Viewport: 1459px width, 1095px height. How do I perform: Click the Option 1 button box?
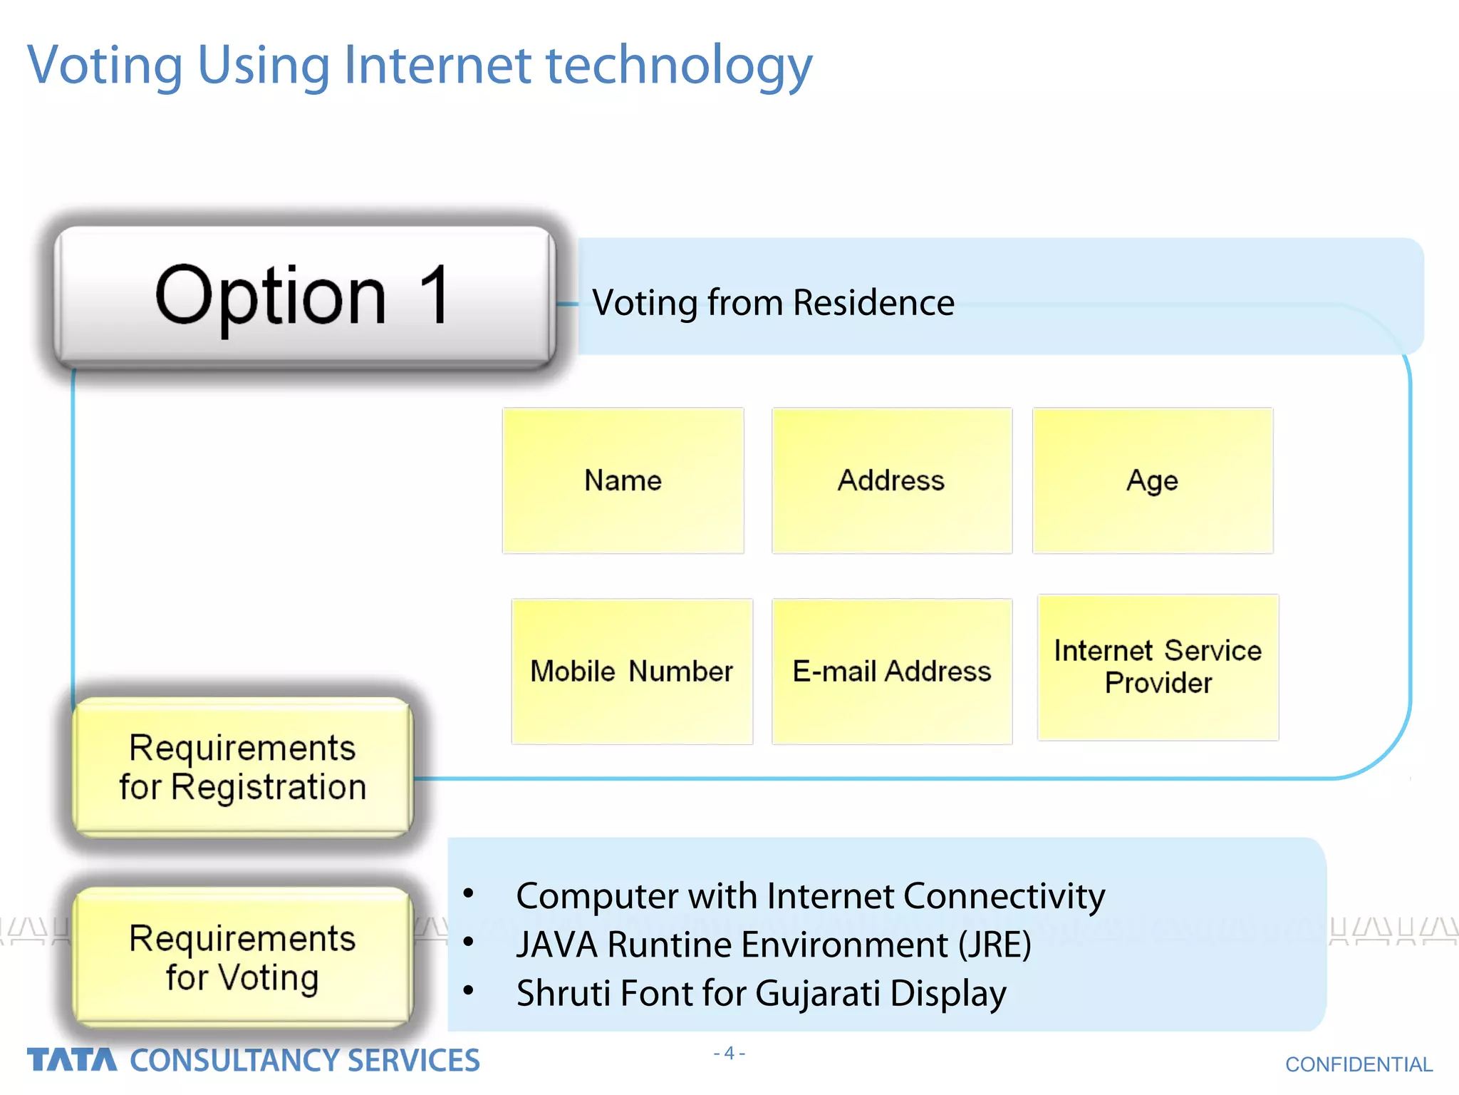point(304,296)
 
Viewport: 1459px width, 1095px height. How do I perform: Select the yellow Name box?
point(623,480)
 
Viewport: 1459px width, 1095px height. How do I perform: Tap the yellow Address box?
point(891,480)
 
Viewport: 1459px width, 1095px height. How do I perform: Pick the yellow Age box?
point(1152,480)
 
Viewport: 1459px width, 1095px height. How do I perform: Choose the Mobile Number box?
point(631,672)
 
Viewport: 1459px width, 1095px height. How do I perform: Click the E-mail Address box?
point(891,672)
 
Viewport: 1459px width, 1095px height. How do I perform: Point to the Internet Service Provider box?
point(1158,667)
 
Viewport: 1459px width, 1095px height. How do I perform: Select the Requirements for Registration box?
point(242,767)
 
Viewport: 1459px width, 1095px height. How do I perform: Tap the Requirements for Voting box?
point(242,957)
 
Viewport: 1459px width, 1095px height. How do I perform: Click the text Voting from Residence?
point(773,303)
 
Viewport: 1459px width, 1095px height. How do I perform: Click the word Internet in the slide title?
point(437,66)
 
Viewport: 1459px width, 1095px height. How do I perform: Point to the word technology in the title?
point(678,66)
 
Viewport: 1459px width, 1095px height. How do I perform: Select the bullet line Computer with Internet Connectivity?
point(810,896)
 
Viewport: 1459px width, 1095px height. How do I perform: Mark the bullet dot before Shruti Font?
point(468,990)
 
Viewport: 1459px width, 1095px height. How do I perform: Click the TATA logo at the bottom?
point(71,1060)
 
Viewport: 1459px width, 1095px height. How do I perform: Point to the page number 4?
point(729,1053)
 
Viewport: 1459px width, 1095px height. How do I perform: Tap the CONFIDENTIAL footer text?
point(1358,1064)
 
